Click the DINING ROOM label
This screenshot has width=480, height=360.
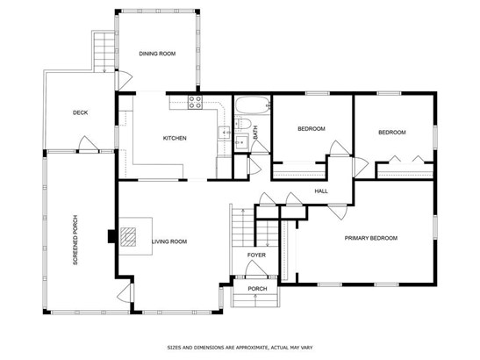coord(157,54)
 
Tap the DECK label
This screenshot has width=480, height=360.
coord(80,112)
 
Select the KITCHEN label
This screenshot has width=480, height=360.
coord(175,138)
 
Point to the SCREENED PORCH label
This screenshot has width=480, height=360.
coord(75,240)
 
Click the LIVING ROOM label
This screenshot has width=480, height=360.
coord(169,241)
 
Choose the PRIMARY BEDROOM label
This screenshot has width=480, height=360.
coord(371,238)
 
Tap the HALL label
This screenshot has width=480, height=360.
coord(321,191)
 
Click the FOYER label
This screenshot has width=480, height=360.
coord(256,255)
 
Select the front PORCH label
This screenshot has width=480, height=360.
coord(257,289)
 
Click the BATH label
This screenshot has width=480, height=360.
coord(255,133)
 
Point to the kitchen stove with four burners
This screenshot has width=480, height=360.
coord(195,102)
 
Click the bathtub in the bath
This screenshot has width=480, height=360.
coord(252,105)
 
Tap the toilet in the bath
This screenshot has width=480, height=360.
coord(243,124)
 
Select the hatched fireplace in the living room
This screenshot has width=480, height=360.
coord(128,237)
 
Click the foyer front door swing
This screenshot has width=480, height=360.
coord(256,269)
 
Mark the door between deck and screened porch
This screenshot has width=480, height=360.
coord(89,144)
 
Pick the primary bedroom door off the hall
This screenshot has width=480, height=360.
coord(337,212)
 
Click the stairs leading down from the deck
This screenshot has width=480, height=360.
coord(104,52)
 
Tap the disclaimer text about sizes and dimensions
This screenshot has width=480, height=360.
coord(240,348)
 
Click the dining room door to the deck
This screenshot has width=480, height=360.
coord(125,80)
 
